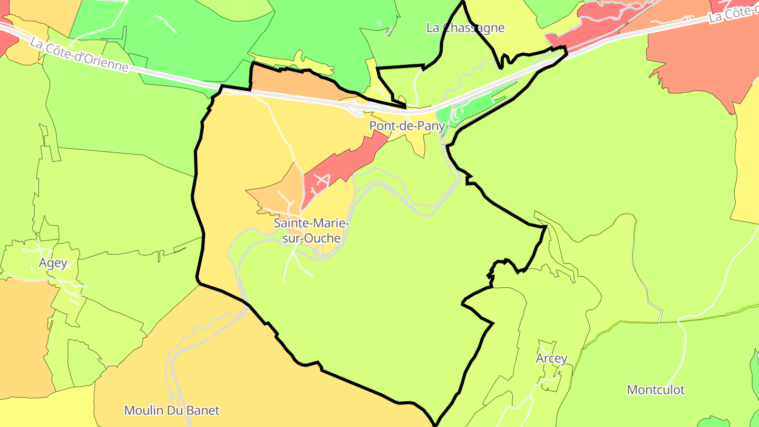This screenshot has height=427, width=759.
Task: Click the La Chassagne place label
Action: [x=465, y=28]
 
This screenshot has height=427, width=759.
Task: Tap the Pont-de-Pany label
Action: [x=407, y=126]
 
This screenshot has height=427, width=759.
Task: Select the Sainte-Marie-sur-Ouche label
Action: [x=312, y=230]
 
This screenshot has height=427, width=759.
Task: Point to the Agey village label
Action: [x=53, y=263]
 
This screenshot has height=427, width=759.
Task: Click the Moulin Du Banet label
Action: [x=171, y=410]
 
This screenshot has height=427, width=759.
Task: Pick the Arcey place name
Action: [x=551, y=358]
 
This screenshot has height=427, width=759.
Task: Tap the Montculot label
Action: [x=655, y=390]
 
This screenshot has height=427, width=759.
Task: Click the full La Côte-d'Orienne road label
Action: [x=79, y=55]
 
